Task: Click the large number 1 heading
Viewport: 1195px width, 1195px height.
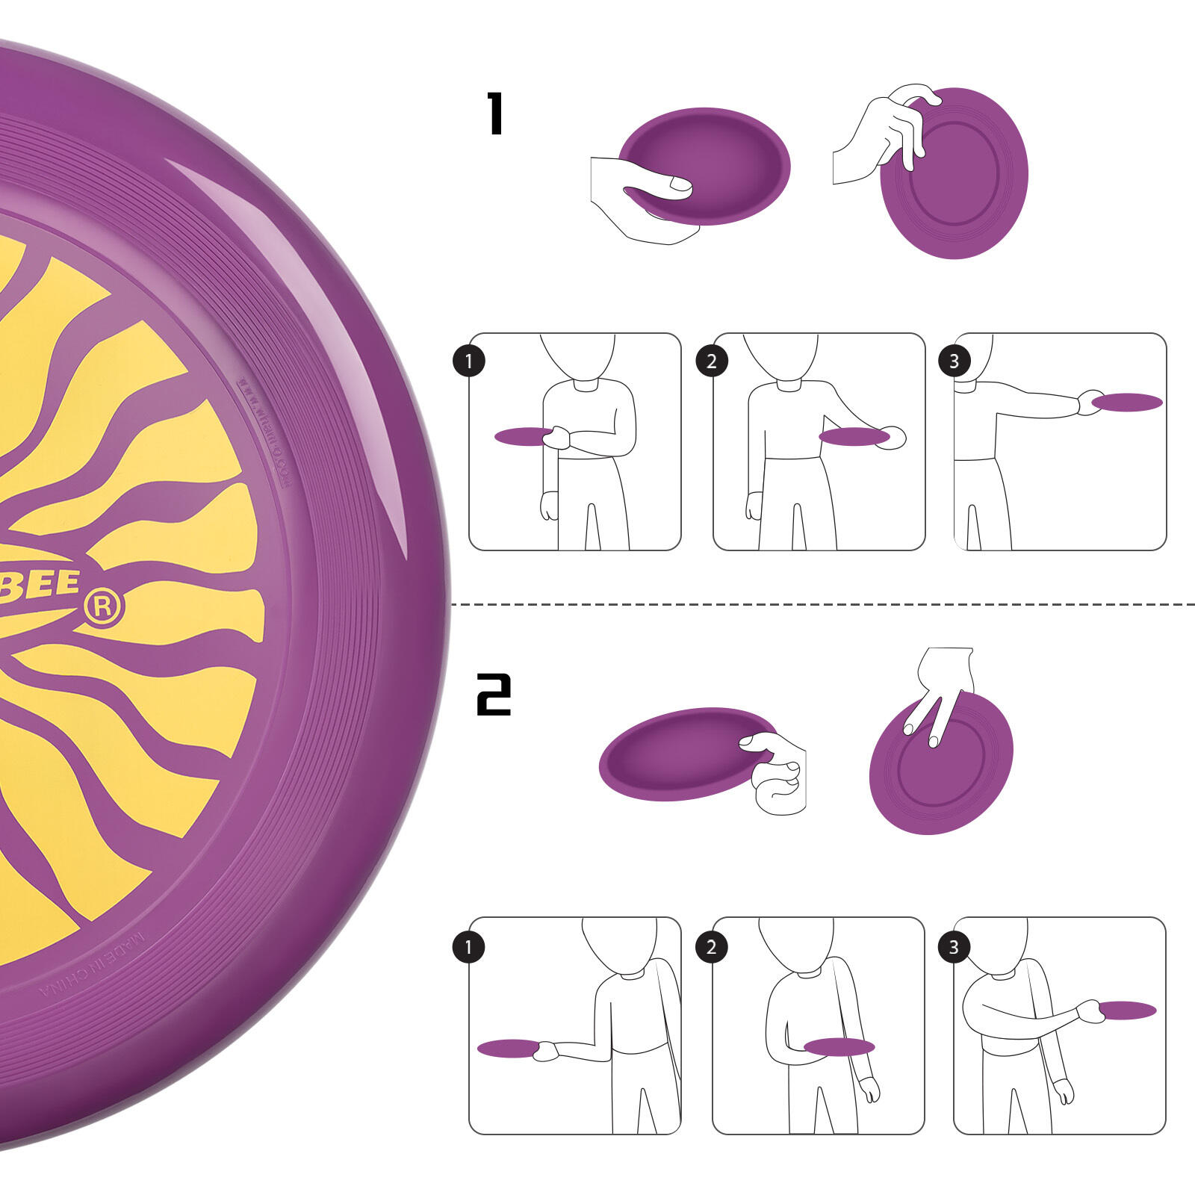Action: (x=495, y=114)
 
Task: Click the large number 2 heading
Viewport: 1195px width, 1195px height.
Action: (x=494, y=695)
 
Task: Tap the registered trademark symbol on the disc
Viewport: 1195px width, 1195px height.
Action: (x=103, y=608)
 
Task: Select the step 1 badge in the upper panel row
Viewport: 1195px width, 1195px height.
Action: (x=469, y=361)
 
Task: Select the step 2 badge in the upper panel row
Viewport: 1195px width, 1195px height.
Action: (x=711, y=361)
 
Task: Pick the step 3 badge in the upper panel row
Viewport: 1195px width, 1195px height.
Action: (x=954, y=361)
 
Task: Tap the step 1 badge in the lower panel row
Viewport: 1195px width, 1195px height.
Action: (x=469, y=947)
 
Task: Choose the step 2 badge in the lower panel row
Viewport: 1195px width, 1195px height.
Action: (x=711, y=947)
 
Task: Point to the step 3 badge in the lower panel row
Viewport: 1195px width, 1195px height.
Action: (x=954, y=947)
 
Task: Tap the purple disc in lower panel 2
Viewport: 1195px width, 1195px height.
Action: (x=838, y=1046)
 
